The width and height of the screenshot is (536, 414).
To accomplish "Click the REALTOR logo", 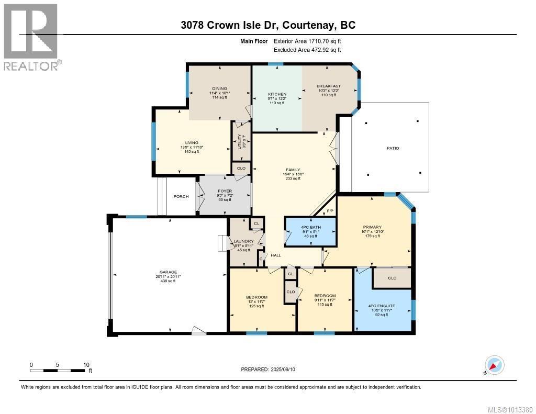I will point(31,37).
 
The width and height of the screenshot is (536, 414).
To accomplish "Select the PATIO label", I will point(393,148).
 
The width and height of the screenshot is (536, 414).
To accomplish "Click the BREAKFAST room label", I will point(329,86).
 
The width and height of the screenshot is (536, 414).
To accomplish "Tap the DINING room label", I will point(219,88).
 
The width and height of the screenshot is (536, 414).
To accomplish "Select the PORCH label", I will point(181,197).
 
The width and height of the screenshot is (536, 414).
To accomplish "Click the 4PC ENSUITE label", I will point(382,305).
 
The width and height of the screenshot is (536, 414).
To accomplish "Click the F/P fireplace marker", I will point(330,211).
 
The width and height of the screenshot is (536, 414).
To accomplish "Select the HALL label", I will point(276,255).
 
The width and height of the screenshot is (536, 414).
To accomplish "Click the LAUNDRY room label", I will point(244,241).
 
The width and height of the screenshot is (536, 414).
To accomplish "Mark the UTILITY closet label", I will point(240,141).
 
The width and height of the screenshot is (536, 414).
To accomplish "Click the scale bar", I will point(58,371).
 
